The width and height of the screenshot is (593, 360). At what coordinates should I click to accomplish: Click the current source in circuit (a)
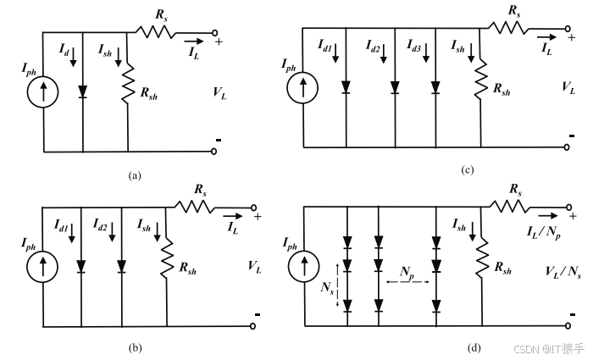pyautogui.click(x=42, y=91)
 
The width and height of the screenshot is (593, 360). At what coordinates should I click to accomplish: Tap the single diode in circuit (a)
pyautogui.click(x=82, y=91)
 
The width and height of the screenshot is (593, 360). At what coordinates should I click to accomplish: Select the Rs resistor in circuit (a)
pyautogui.click(x=155, y=32)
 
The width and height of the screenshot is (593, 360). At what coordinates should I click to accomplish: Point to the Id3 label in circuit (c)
pyautogui.click(x=413, y=46)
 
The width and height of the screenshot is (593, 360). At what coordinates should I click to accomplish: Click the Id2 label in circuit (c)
pyautogui.click(x=373, y=46)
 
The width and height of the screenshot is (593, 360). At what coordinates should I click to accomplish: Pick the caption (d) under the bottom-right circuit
pyautogui.click(x=474, y=347)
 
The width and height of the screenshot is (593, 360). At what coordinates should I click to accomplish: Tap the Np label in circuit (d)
pyautogui.click(x=407, y=273)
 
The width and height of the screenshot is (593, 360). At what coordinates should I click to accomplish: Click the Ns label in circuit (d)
pyautogui.click(x=327, y=288)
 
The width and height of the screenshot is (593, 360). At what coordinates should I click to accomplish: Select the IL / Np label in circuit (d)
pyautogui.click(x=544, y=231)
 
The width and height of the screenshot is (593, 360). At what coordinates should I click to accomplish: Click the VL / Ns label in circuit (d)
pyautogui.click(x=563, y=272)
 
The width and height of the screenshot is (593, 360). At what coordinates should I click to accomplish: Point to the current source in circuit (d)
pyautogui.click(x=303, y=266)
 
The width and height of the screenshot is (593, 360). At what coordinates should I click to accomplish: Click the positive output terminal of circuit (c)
pyautogui.click(x=567, y=28)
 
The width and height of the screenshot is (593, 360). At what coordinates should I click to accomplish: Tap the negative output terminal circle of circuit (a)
pyautogui.click(x=214, y=152)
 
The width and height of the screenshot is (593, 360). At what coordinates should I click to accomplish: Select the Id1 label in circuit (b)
pyautogui.click(x=61, y=225)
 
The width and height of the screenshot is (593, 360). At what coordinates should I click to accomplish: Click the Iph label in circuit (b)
pyautogui.click(x=28, y=244)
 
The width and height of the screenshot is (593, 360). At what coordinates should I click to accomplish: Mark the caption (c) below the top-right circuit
pyautogui.click(x=468, y=170)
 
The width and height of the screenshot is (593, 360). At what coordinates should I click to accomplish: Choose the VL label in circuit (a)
pyautogui.click(x=219, y=92)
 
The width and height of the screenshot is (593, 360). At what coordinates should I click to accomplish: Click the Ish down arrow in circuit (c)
pyautogui.click(x=471, y=53)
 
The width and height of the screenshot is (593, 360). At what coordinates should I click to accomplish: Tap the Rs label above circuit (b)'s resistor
pyautogui.click(x=201, y=190)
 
